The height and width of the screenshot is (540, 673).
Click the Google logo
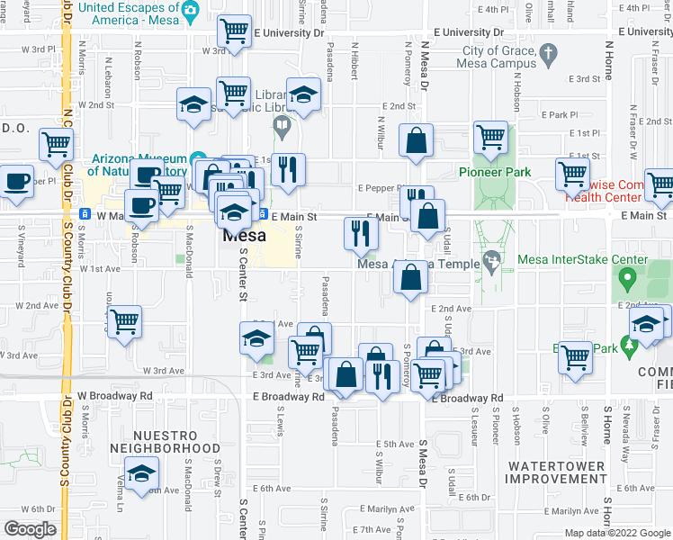coord(30,529)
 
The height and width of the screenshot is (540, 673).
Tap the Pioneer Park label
coord(494,172)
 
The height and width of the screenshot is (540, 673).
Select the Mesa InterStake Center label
coord(582,260)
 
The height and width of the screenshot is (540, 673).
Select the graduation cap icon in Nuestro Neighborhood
coord(142,474)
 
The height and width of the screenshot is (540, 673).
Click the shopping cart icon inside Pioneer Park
coord(491,137)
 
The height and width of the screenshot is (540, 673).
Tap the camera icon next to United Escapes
coord(189,10)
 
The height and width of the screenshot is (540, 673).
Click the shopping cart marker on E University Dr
coord(235,31)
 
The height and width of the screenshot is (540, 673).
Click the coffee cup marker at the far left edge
coord(16,181)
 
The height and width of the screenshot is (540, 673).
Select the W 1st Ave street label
coord(99,269)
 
